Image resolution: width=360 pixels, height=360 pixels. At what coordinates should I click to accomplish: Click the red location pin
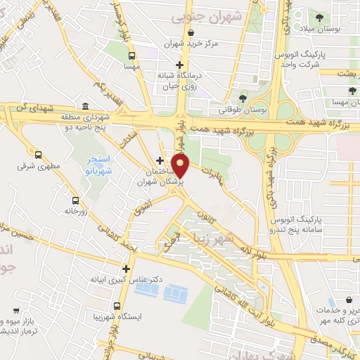181,166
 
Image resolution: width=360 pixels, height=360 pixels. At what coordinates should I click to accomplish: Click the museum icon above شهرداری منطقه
85,106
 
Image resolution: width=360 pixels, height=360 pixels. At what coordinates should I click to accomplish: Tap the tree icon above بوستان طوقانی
243,98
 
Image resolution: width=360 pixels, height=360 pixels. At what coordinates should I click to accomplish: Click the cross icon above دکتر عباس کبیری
126,268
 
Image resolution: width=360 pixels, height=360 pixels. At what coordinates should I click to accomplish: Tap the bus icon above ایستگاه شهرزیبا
117,307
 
